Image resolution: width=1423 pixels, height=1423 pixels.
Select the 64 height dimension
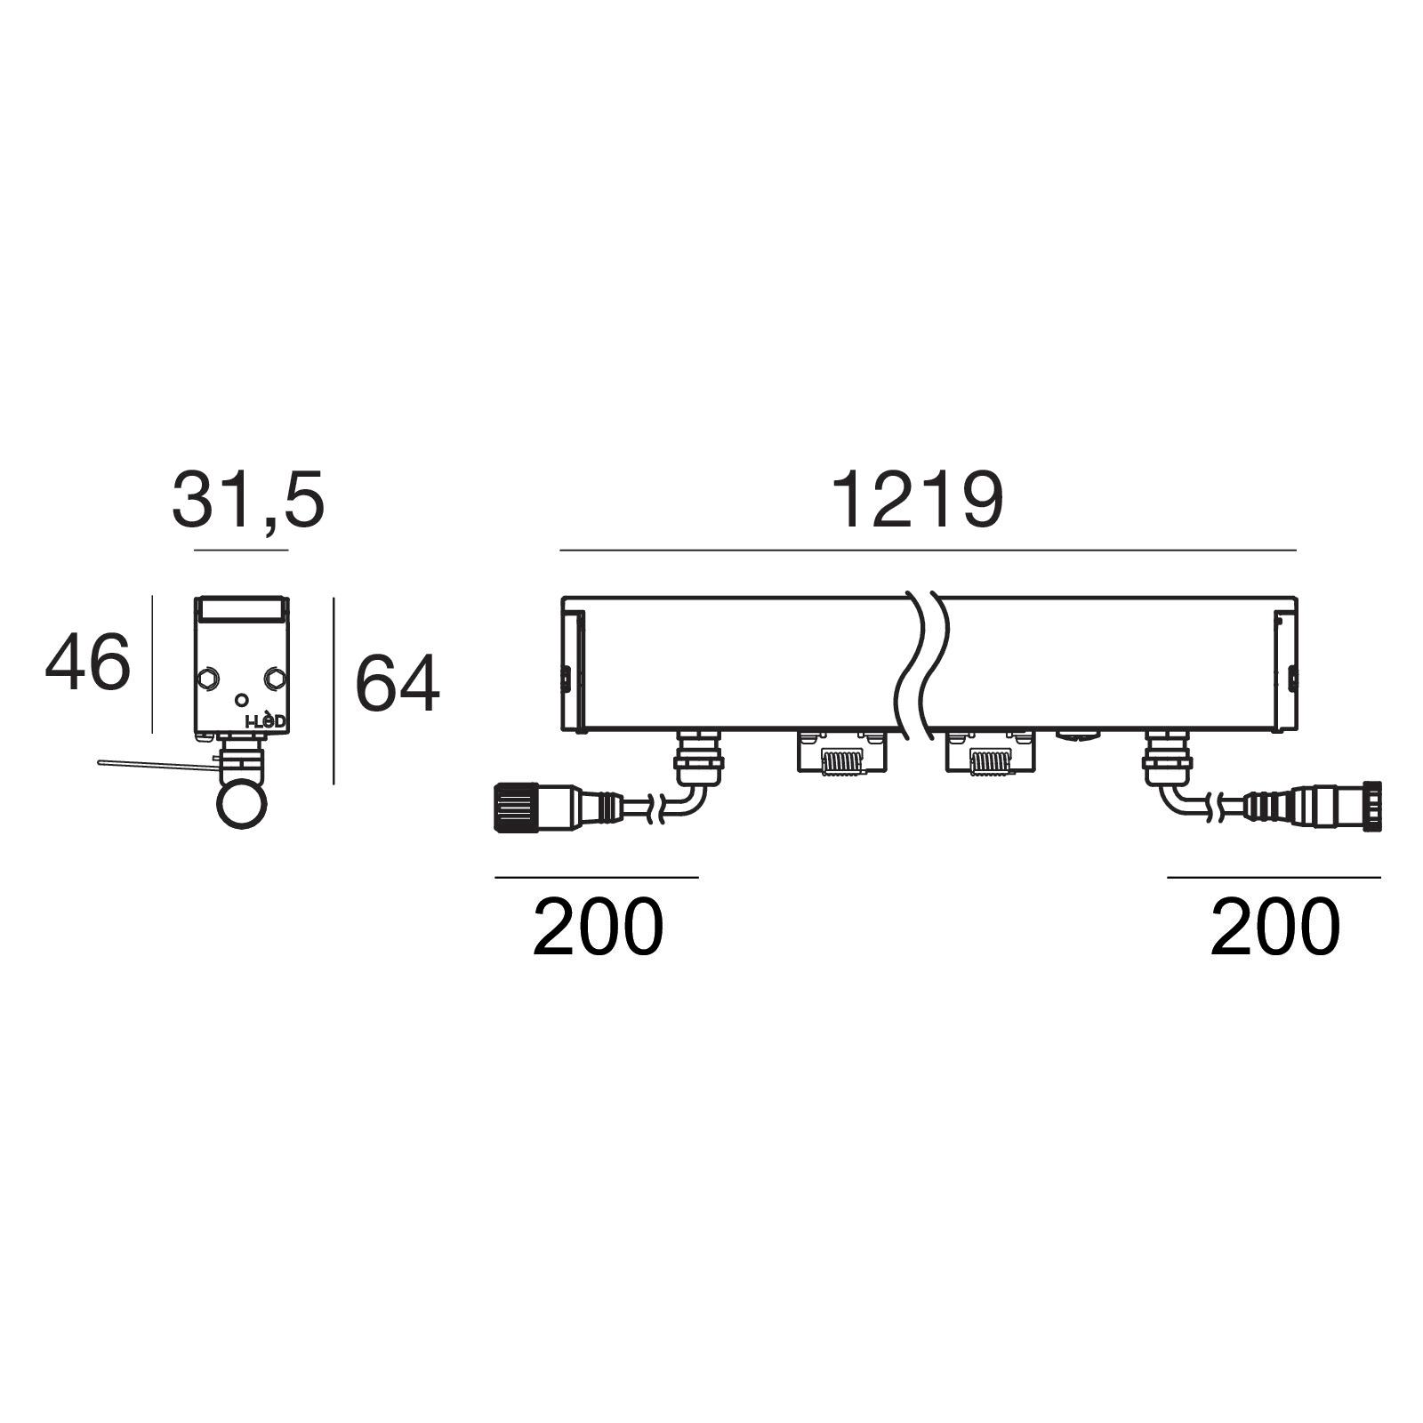click(x=398, y=683)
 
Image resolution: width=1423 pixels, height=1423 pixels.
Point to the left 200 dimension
click(x=598, y=927)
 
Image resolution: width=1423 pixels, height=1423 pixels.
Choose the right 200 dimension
click(x=1274, y=927)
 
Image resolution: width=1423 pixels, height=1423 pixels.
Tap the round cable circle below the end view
click(x=242, y=804)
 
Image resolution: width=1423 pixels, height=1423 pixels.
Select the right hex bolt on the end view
click(x=274, y=679)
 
